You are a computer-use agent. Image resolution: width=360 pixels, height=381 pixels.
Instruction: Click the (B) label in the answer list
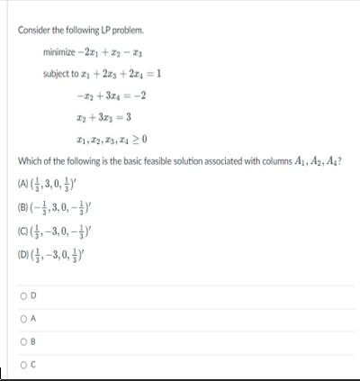pyautogui.click(x=24, y=205)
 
